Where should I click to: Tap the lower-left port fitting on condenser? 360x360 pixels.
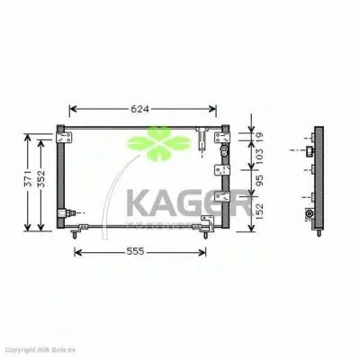pos(66,213)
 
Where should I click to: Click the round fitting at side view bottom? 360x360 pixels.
pos(310,215)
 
